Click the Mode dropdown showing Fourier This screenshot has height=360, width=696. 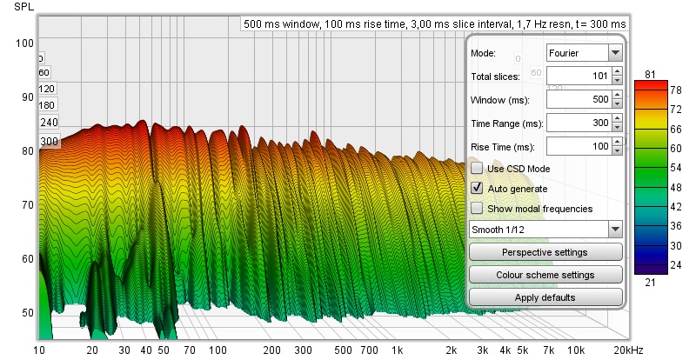click(584, 53)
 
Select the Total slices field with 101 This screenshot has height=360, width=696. click(579, 77)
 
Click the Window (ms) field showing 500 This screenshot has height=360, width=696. click(579, 100)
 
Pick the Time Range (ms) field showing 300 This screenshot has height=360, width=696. click(579, 123)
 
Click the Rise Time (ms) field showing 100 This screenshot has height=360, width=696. click(579, 147)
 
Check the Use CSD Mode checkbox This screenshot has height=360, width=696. click(477, 168)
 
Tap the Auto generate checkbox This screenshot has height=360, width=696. click(477, 188)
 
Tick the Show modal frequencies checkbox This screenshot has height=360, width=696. click(477, 209)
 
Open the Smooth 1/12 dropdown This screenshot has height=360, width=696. click(545, 230)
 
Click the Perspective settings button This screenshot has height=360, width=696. click(545, 252)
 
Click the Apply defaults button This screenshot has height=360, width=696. click(545, 297)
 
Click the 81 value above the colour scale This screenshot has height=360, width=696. click(651, 73)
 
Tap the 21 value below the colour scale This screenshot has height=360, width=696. click(651, 283)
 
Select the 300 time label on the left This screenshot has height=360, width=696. click(49, 141)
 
